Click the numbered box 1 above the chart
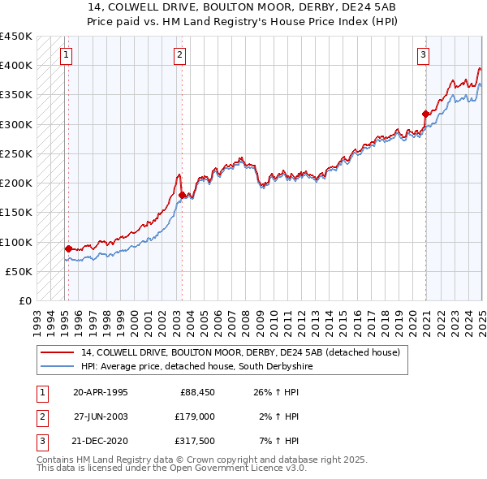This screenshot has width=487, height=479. click(x=65, y=55)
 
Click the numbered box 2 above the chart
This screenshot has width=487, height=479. click(x=179, y=55)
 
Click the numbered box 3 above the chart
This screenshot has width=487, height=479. click(x=423, y=55)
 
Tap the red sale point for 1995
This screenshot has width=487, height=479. click(x=68, y=248)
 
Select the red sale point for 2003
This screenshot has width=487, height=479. click(x=182, y=195)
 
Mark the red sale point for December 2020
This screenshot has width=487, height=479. click(x=425, y=114)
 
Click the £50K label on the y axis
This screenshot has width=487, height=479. click(x=19, y=271)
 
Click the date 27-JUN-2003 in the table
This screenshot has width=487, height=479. click(x=101, y=416)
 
